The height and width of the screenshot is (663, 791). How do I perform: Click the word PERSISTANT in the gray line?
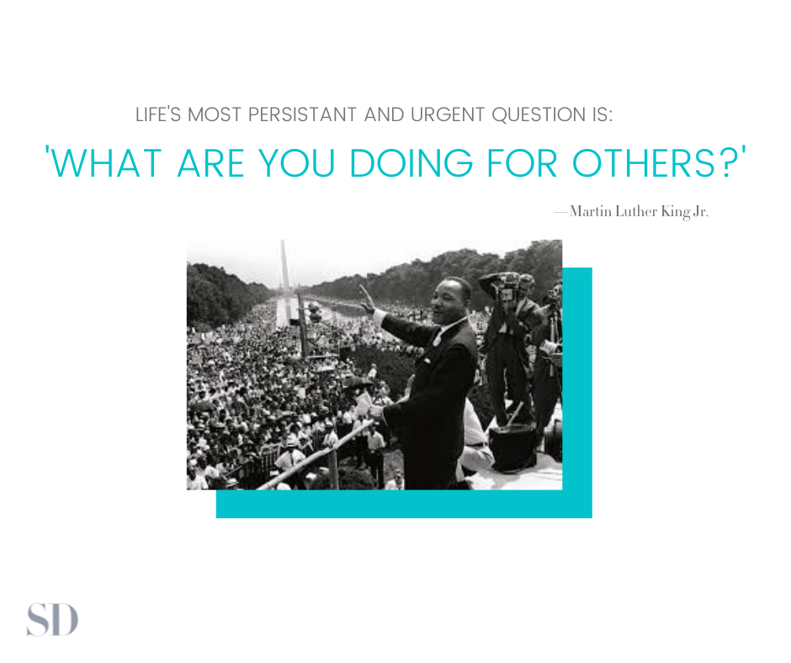click(x=302, y=114)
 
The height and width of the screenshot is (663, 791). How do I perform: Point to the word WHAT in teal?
click(x=105, y=163)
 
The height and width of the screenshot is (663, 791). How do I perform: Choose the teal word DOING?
click(x=411, y=163)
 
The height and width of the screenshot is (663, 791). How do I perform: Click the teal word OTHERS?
click(x=644, y=163)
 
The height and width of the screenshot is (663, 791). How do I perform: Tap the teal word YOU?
click(x=296, y=163)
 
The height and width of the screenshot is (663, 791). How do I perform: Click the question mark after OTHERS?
click(x=727, y=162)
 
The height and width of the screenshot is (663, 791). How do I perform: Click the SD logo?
click(x=52, y=619)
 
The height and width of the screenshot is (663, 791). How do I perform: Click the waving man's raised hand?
click(x=367, y=300)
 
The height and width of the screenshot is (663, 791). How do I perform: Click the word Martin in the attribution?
click(x=591, y=211)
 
